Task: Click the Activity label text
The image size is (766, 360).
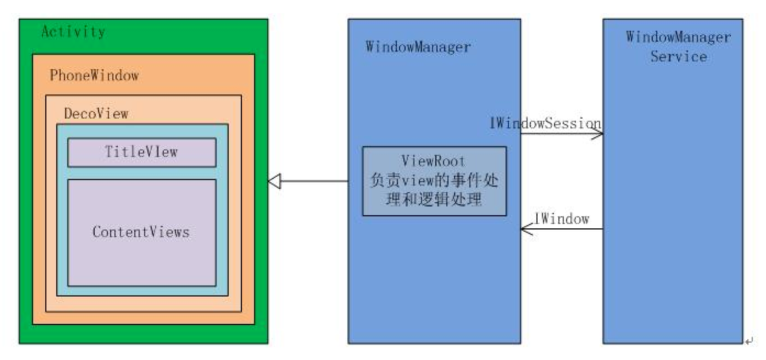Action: coord(73,32)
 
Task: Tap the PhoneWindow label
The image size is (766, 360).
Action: coord(94,75)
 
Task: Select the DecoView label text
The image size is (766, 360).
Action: coord(96,114)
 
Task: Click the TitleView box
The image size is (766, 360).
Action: coord(142,152)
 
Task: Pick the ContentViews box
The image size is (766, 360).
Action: coord(142,233)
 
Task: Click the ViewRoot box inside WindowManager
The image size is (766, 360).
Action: coord(434,182)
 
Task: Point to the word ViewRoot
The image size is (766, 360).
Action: coord(433,161)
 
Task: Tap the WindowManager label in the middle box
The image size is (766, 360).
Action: coord(418,47)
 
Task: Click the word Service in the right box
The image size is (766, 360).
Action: coord(678,57)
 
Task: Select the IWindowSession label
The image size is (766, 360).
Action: coord(545,124)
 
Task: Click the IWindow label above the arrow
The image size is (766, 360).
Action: coord(562,219)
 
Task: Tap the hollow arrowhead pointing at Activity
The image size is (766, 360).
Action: coord(275,182)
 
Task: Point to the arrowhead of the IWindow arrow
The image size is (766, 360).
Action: coord(526,229)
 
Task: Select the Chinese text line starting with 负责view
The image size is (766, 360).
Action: coord(434,181)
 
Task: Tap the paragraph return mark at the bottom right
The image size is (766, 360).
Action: coord(749,342)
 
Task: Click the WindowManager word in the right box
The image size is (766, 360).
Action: coord(678,37)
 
